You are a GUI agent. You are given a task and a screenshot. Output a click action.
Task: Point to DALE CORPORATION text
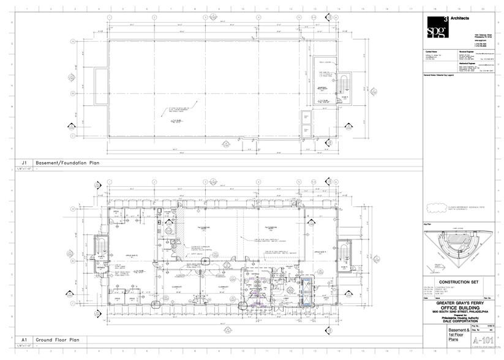click(x=459, y=321)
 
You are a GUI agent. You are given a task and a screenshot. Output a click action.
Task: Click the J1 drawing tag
click(x=24, y=162)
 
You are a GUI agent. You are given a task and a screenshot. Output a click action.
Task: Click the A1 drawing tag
click(x=24, y=339)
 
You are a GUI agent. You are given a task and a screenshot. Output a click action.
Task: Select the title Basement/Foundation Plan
click(x=64, y=162)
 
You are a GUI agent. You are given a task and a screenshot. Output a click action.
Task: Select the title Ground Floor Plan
click(x=58, y=339)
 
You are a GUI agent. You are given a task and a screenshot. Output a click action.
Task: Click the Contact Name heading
click(x=432, y=53)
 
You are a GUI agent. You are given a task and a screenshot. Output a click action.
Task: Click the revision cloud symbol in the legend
click(x=435, y=208)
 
